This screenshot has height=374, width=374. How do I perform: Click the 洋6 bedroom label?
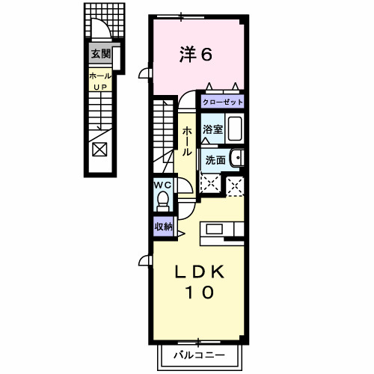(196, 55)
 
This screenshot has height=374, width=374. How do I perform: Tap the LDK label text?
(199, 272)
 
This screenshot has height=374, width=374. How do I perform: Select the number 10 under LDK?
(199, 292)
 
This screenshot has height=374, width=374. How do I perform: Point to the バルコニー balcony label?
(199, 355)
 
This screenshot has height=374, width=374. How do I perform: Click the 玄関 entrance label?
(100, 54)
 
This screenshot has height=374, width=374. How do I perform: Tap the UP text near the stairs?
(100, 87)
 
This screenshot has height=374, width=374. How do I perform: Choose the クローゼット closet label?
(222, 102)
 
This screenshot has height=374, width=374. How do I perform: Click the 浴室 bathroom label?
(212, 129)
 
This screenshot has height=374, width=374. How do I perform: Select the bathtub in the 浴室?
(235, 129)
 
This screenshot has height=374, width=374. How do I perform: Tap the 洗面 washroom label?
(215, 160)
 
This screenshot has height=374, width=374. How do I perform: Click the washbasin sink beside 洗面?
(237, 158)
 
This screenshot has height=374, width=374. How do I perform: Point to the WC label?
(162, 186)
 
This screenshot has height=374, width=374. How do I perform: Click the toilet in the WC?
(163, 201)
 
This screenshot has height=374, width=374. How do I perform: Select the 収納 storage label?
(164, 227)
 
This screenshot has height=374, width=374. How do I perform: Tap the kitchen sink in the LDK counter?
(215, 229)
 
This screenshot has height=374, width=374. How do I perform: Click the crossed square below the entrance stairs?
(99, 150)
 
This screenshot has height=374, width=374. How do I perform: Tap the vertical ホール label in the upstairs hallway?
(187, 141)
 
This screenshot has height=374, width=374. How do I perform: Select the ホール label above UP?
(100, 76)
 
